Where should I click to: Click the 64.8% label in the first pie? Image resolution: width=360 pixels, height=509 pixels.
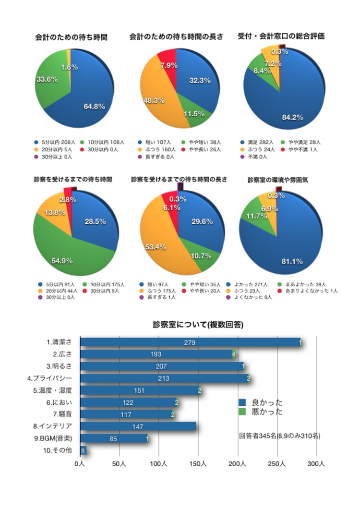click(94, 107)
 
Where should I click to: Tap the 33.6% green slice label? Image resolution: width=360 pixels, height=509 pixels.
click(47, 79)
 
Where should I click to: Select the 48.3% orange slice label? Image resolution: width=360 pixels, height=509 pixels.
click(154, 100)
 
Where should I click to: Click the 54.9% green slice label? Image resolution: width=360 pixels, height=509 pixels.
click(62, 261)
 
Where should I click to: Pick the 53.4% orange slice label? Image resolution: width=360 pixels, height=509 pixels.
click(156, 247)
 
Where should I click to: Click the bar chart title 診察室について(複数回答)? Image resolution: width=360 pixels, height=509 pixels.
click(198, 325)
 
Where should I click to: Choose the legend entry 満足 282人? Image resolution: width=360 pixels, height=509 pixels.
click(257, 142)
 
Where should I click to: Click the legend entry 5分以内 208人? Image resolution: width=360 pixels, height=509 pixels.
click(57, 142)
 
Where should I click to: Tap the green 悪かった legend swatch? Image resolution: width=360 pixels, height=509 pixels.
click(242, 412)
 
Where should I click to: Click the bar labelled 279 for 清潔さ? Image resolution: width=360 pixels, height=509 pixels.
click(190, 342)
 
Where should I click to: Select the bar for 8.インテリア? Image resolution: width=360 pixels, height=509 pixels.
click(138, 426)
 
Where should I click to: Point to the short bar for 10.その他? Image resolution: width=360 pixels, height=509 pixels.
click(83, 450)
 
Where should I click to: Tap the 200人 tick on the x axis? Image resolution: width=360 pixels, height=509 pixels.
click(238, 464)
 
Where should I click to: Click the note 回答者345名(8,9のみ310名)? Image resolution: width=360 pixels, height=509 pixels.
click(280, 436)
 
